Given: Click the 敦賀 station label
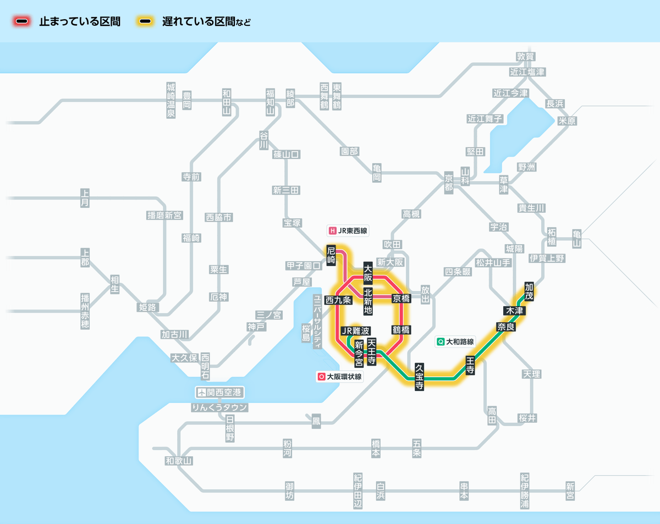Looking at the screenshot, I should (526, 57).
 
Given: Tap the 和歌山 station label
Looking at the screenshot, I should (179, 461).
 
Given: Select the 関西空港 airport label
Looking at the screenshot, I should (220, 393).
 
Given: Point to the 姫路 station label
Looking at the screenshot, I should (147, 307).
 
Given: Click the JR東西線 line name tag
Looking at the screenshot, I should (348, 231).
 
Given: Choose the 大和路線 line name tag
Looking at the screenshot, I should (455, 341).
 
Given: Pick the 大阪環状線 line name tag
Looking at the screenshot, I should (339, 377).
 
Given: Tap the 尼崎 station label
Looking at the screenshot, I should (331, 256).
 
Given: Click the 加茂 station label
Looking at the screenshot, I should (529, 291).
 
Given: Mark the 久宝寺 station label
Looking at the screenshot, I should (419, 377).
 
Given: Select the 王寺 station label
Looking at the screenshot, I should (470, 365).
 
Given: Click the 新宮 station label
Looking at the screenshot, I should (570, 491).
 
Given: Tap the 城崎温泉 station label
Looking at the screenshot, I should (171, 100).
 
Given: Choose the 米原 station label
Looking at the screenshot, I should (567, 121).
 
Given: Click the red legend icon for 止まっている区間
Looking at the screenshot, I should (22, 22).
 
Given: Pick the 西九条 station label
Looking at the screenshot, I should (338, 300).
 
